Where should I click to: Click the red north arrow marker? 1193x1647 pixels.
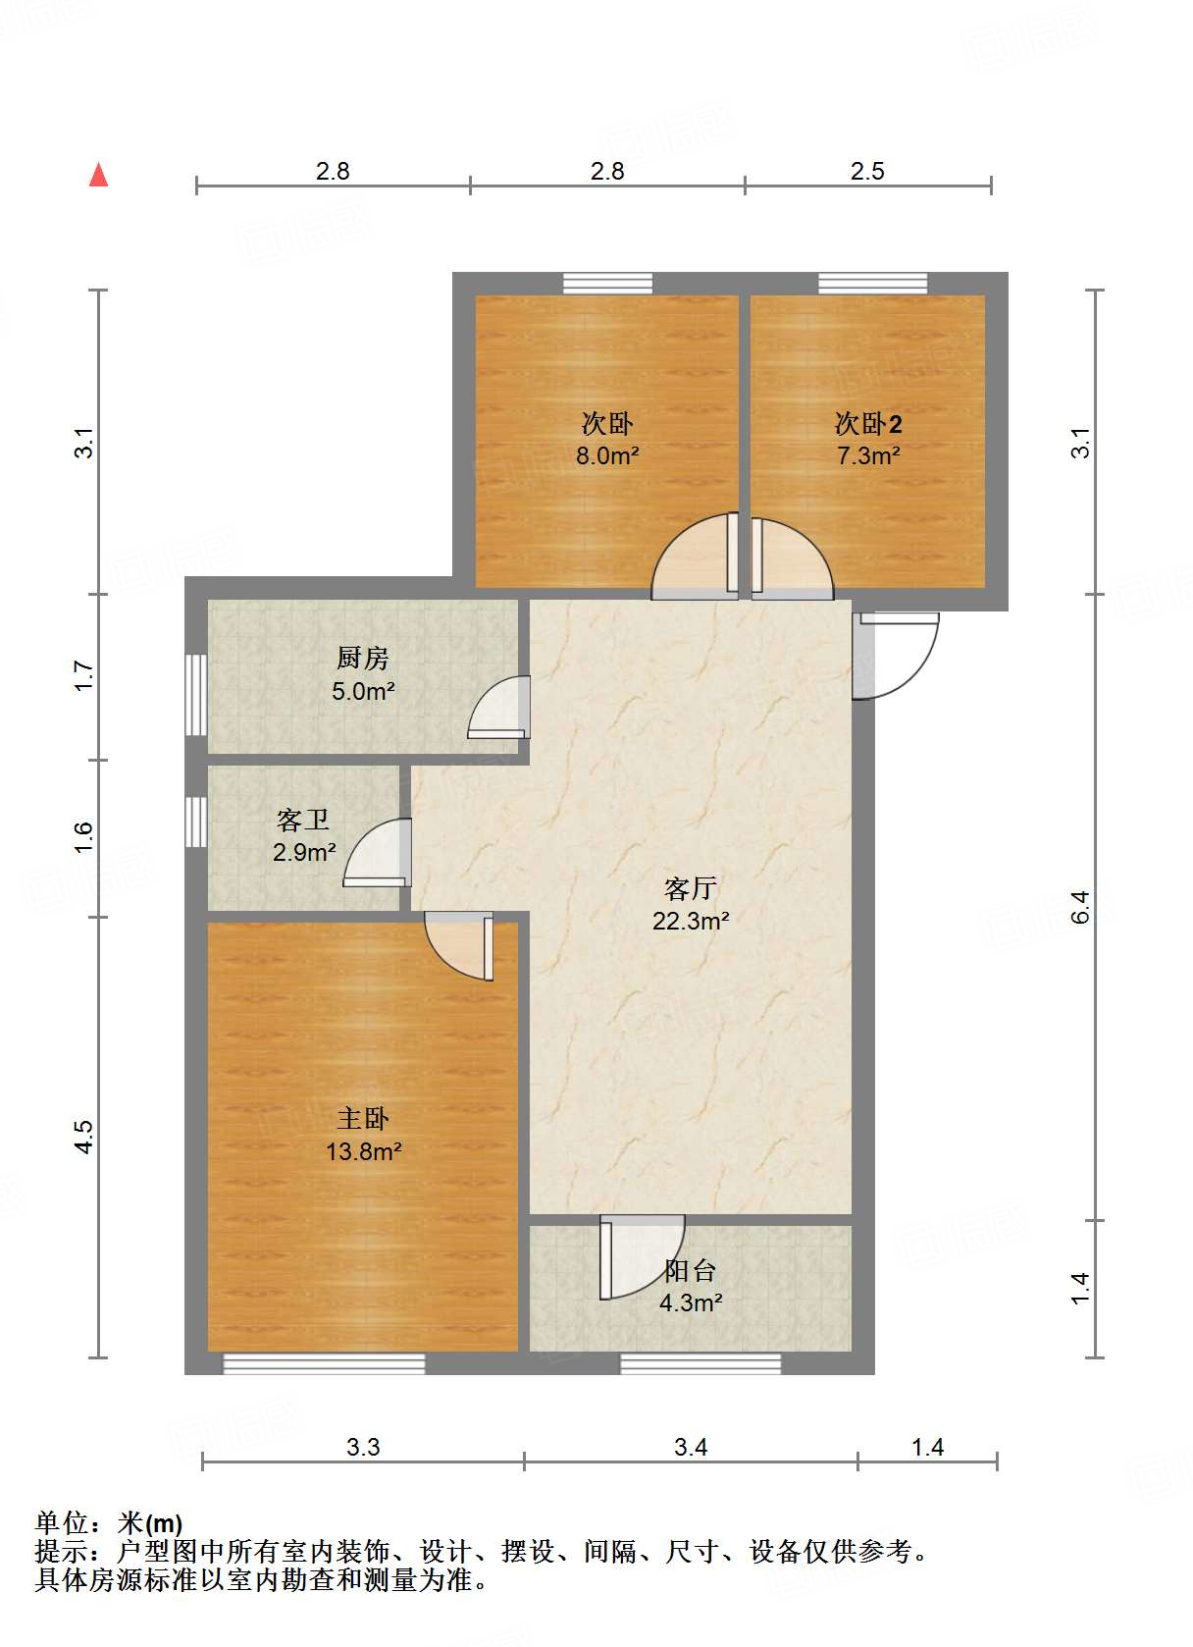[98, 175]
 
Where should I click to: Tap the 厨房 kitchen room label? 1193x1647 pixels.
[362, 658]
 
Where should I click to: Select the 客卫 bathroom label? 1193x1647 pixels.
[302, 820]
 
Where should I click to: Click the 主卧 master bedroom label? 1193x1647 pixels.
[363, 1118]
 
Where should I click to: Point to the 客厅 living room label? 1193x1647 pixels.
[690, 888]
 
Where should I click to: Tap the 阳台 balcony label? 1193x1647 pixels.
[690, 1270]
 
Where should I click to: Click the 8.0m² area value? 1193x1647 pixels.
[607, 456]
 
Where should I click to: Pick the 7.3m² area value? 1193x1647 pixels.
[868, 456]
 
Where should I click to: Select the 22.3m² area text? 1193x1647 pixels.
[691, 921]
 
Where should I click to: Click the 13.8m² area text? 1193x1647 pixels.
[363, 1151]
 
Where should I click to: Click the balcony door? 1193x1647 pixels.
[640, 1257]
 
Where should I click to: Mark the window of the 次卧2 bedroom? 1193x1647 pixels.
[872, 284]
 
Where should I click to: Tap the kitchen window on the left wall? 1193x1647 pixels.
[196, 694]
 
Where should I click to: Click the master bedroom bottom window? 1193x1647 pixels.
[324, 1363]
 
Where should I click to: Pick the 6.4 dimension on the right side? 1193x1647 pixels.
[1080, 907]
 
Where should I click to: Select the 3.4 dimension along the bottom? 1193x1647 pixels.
[691, 1447]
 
